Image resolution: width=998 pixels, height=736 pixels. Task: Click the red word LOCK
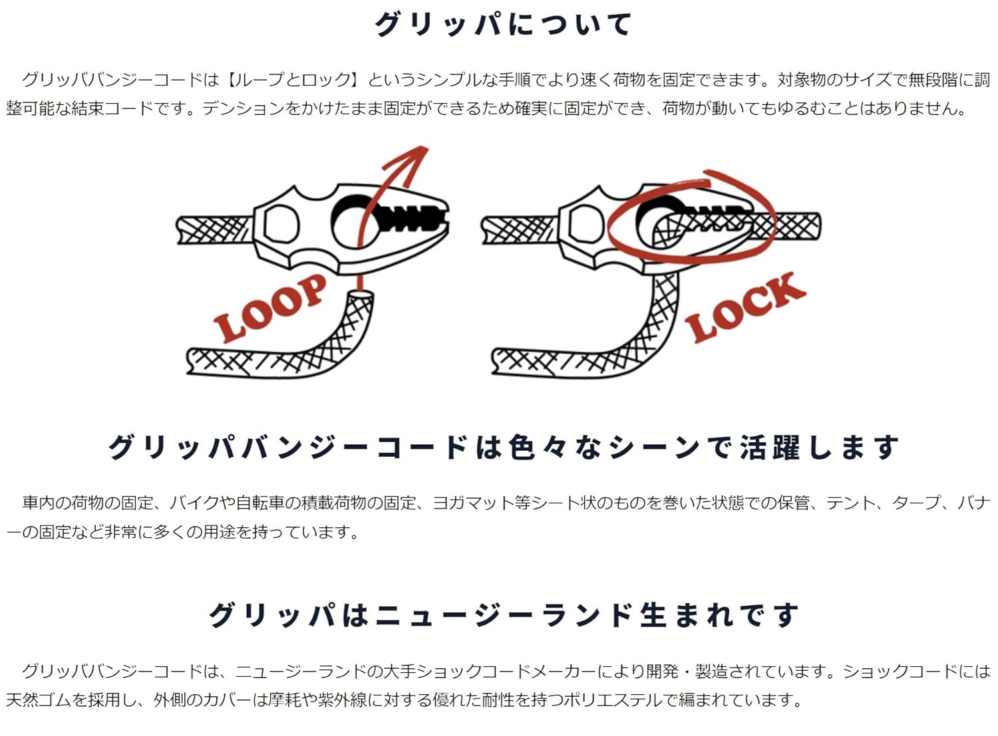(x=745, y=308)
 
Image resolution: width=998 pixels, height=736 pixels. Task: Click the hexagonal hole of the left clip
(x=281, y=223)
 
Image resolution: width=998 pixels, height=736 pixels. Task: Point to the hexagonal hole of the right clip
(x=585, y=223)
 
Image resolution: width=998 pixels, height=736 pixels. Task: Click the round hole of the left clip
(x=353, y=223)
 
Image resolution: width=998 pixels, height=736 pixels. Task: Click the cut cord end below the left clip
(x=359, y=297)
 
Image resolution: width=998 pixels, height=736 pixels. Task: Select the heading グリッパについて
(x=503, y=24)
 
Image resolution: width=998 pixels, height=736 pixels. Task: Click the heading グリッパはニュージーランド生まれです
(x=503, y=615)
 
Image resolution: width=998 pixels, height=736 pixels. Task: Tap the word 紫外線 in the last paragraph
(x=342, y=700)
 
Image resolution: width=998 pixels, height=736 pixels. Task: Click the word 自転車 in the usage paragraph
(x=260, y=503)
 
